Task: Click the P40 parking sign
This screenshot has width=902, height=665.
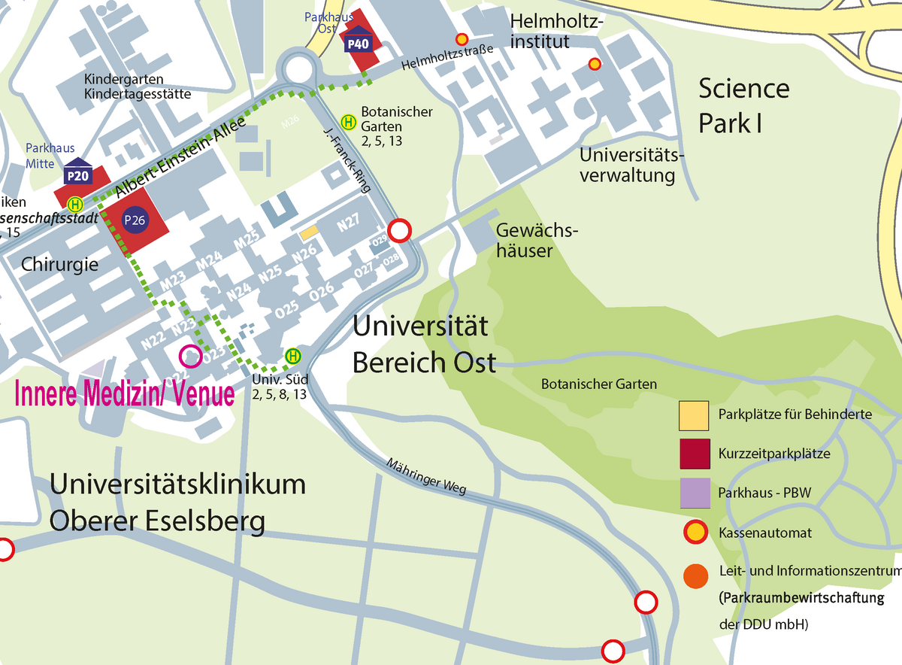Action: (357, 44)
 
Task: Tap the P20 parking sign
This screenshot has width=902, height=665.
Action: (78, 176)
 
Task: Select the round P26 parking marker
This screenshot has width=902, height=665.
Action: (136, 220)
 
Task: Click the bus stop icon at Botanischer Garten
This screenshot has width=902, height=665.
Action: (349, 121)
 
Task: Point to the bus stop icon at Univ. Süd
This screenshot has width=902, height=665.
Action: (292, 356)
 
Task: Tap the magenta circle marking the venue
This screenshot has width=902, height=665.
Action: (190, 357)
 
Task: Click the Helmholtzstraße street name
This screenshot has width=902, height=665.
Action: (446, 57)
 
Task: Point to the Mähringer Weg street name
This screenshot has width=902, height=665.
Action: (427, 475)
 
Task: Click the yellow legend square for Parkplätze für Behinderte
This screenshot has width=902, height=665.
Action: (694, 414)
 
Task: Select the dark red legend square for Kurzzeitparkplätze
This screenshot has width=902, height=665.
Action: (694, 454)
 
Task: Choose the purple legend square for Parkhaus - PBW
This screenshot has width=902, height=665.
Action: (694, 493)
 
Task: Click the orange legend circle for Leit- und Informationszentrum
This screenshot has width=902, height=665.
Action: (694, 575)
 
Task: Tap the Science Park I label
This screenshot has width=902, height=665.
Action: (743, 105)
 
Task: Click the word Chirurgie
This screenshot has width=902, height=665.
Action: (59, 264)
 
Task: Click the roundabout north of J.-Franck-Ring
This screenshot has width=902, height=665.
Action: (299, 70)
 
